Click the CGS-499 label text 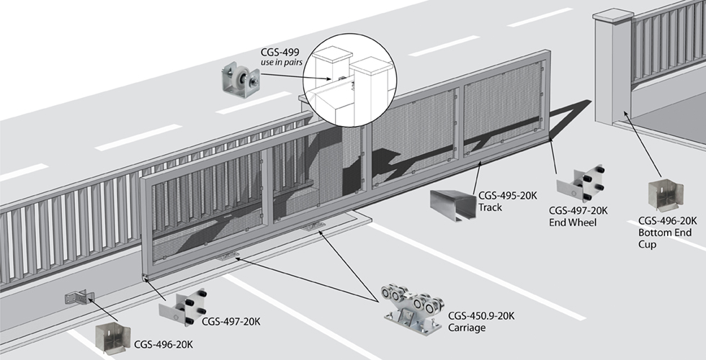(280, 52)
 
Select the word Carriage (467, 328)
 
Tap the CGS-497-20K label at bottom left (231, 321)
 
